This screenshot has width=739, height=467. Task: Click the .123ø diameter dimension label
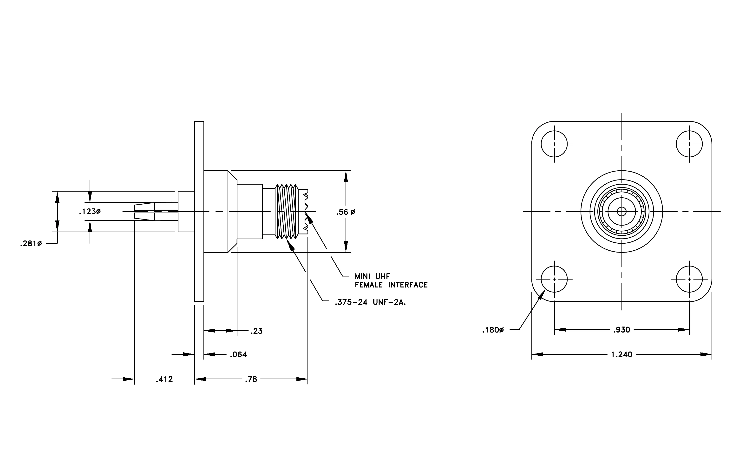click(x=90, y=212)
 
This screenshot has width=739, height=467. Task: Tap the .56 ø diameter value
click(x=346, y=212)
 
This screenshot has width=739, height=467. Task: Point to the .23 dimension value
click(x=256, y=331)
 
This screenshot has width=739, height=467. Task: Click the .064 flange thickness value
click(x=238, y=355)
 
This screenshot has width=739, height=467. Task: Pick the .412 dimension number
click(x=164, y=380)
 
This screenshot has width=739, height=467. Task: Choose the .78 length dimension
click(x=251, y=380)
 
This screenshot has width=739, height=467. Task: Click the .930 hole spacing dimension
click(x=622, y=330)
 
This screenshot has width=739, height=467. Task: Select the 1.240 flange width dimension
click(x=622, y=355)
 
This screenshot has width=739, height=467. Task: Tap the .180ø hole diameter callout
click(x=493, y=330)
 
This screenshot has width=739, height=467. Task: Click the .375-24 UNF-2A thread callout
click(x=370, y=302)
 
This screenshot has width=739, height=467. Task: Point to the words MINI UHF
click(x=372, y=276)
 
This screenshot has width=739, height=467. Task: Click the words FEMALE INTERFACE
click(x=391, y=285)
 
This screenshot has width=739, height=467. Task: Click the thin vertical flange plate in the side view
click(x=199, y=212)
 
